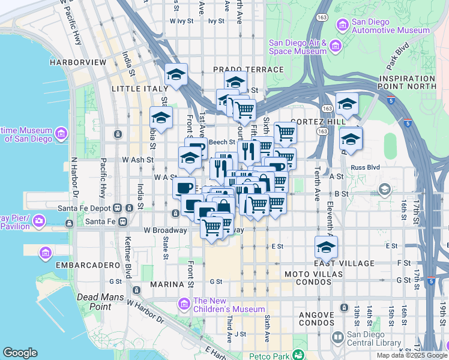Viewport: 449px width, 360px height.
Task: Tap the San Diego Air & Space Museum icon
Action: [336, 46]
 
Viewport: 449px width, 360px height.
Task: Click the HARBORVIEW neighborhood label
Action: [78, 62]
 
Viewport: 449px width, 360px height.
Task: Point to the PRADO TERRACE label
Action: [248, 70]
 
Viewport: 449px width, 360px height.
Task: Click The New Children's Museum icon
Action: [184, 304]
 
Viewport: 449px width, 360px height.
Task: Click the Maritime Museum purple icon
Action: [61, 133]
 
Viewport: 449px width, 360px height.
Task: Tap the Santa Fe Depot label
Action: [87, 208]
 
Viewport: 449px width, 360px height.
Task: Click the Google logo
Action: [20, 353]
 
